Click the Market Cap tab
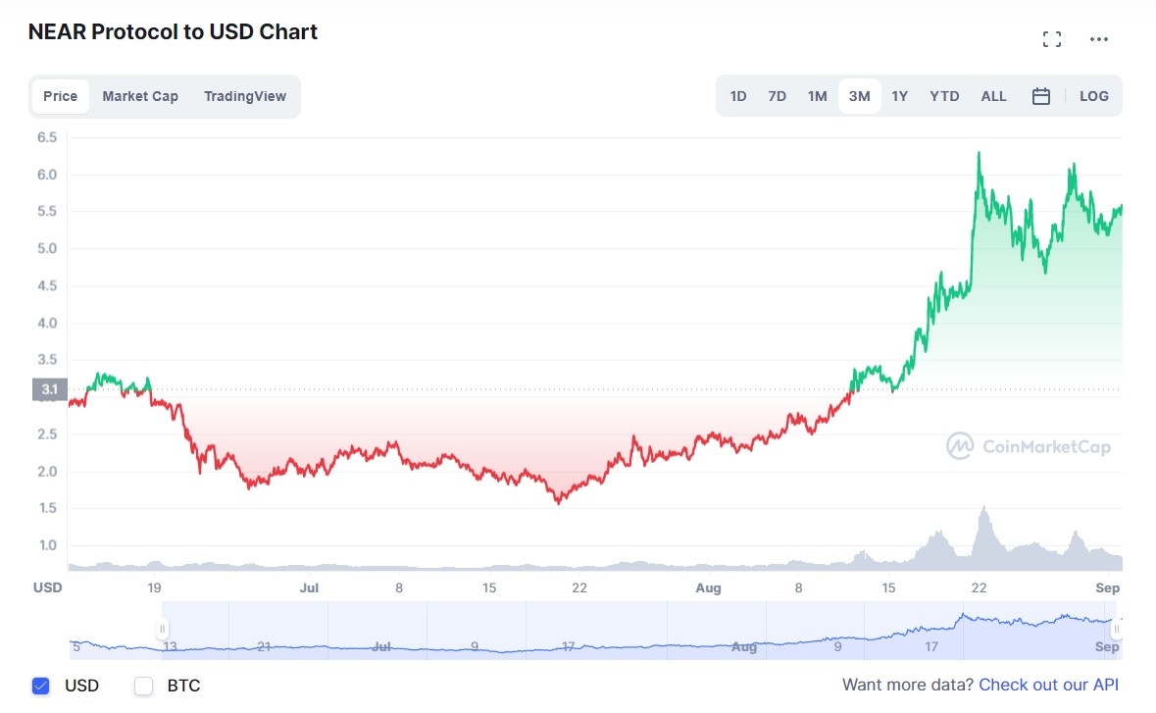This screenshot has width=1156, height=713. [140, 96]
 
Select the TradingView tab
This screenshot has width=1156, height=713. [245, 96]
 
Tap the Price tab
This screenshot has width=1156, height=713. [60, 96]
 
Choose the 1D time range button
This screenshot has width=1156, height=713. [738, 96]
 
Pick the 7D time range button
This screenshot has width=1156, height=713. [778, 96]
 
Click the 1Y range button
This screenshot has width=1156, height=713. [899, 96]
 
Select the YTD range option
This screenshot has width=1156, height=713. [944, 96]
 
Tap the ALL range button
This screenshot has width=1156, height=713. [993, 96]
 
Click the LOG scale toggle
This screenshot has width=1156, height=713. [1093, 96]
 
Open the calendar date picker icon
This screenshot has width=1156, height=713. [1041, 96]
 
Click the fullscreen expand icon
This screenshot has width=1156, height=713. [1052, 39]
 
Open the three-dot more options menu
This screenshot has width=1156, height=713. [1099, 39]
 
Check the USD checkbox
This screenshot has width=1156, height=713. [40, 686]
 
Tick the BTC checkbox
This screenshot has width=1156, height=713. [144, 686]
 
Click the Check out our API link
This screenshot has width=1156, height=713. [1048, 685]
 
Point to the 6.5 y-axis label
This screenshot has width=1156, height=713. [47, 137]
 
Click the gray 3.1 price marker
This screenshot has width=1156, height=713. [49, 389]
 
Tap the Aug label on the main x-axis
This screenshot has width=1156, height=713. [708, 587]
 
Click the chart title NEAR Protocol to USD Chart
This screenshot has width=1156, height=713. [173, 31]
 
